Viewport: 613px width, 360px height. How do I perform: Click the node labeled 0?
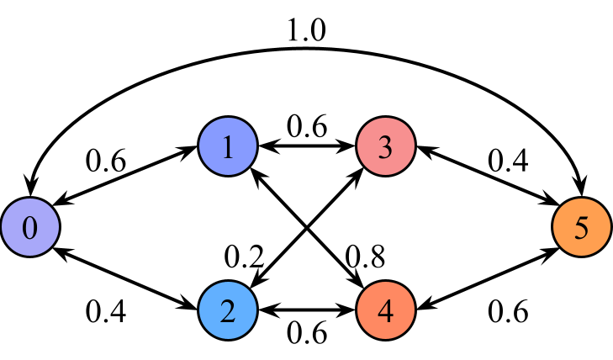(30, 227)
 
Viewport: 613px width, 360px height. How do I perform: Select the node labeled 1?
(228, 147)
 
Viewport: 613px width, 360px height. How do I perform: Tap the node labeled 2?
(228, 310)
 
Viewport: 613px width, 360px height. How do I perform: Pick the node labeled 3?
(386, 147)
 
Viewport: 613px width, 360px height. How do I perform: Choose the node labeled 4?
(386, 310)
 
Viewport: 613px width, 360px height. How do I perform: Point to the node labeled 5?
(582, 227)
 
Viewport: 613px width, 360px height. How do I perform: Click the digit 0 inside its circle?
(30, 227)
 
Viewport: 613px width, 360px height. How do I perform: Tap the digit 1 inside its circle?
(228, 147)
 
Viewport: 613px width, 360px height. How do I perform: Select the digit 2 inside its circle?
(228, 310)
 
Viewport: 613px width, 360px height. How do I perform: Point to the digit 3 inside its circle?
(386, 147)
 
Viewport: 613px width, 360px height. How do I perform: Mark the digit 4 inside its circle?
(386, 310)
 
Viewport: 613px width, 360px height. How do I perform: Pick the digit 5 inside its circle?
(582, 227)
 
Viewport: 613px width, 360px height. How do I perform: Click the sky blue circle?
(228, 310)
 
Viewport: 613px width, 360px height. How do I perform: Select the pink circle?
(386, 147)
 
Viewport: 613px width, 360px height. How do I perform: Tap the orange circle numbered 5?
(582, 227)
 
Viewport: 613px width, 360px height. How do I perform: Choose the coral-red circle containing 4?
(386, 310)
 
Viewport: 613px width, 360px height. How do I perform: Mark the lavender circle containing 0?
(30, 227)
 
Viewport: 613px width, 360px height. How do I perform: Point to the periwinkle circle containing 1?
(228, 147)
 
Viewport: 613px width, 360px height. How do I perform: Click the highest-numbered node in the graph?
(582, 227)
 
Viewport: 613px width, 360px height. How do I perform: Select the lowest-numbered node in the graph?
(30, 227)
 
